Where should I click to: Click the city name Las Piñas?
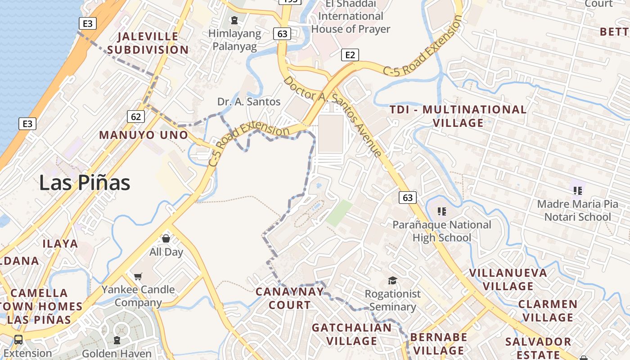(85, 183)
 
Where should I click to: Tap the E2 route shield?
(350, 55)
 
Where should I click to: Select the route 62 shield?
(136, 117)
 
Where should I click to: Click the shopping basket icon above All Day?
(166, 238)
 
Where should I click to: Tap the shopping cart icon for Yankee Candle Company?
(138, 276)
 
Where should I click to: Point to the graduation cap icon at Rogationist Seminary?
(392, 281)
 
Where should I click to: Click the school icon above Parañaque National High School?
(442, 211)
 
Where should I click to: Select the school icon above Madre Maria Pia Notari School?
(577, 190)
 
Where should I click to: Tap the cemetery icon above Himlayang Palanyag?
(234, 20)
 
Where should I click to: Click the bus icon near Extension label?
(18, 339)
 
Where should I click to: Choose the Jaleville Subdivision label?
(148, 43)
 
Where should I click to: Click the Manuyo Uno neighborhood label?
(144, 135)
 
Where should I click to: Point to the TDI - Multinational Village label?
(458, 116)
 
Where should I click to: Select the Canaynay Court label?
(290, 298)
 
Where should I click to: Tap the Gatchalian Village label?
(351, 334)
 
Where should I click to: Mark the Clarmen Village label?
(548, 310)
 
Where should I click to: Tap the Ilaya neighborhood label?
(60, 244)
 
